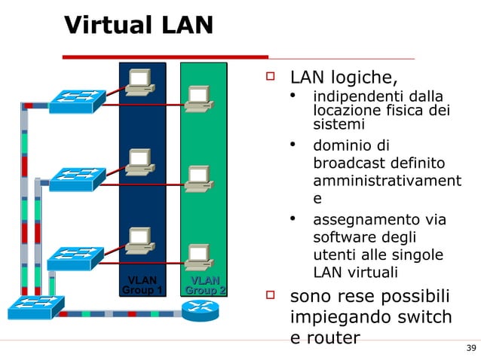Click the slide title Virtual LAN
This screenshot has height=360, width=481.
click(139, 25)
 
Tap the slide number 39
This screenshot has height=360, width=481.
click(471, 347)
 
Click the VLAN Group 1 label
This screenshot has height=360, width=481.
click(142, 285)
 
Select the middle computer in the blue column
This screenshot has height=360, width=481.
click(140, 163)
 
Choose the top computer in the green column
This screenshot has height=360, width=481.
click(198, 99)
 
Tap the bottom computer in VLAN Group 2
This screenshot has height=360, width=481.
click(198, 257)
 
